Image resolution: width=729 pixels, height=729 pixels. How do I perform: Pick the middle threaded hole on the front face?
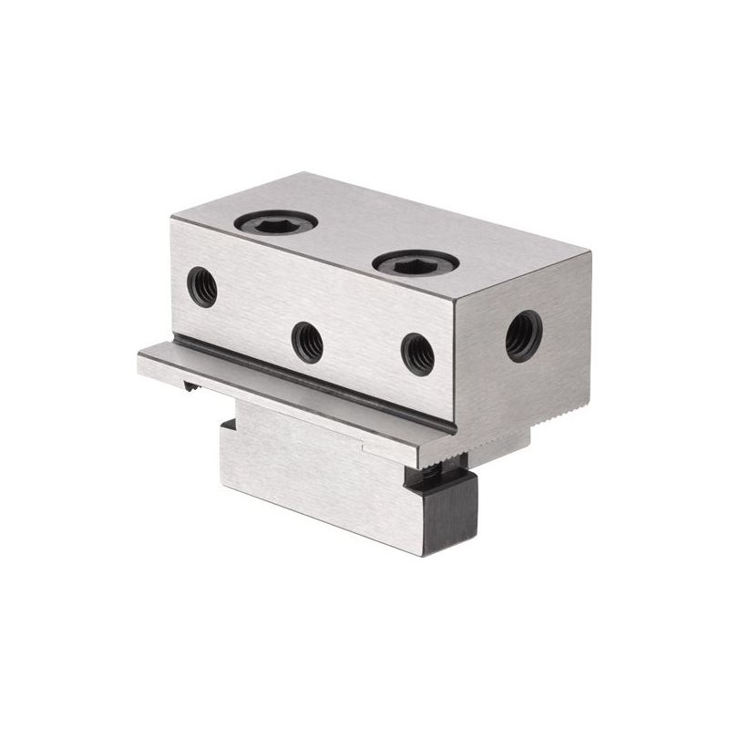pyautogui.click(x=307, y=342)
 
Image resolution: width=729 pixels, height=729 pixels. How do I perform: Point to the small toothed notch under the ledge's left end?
pyautogui.click(x=192, y=388)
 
